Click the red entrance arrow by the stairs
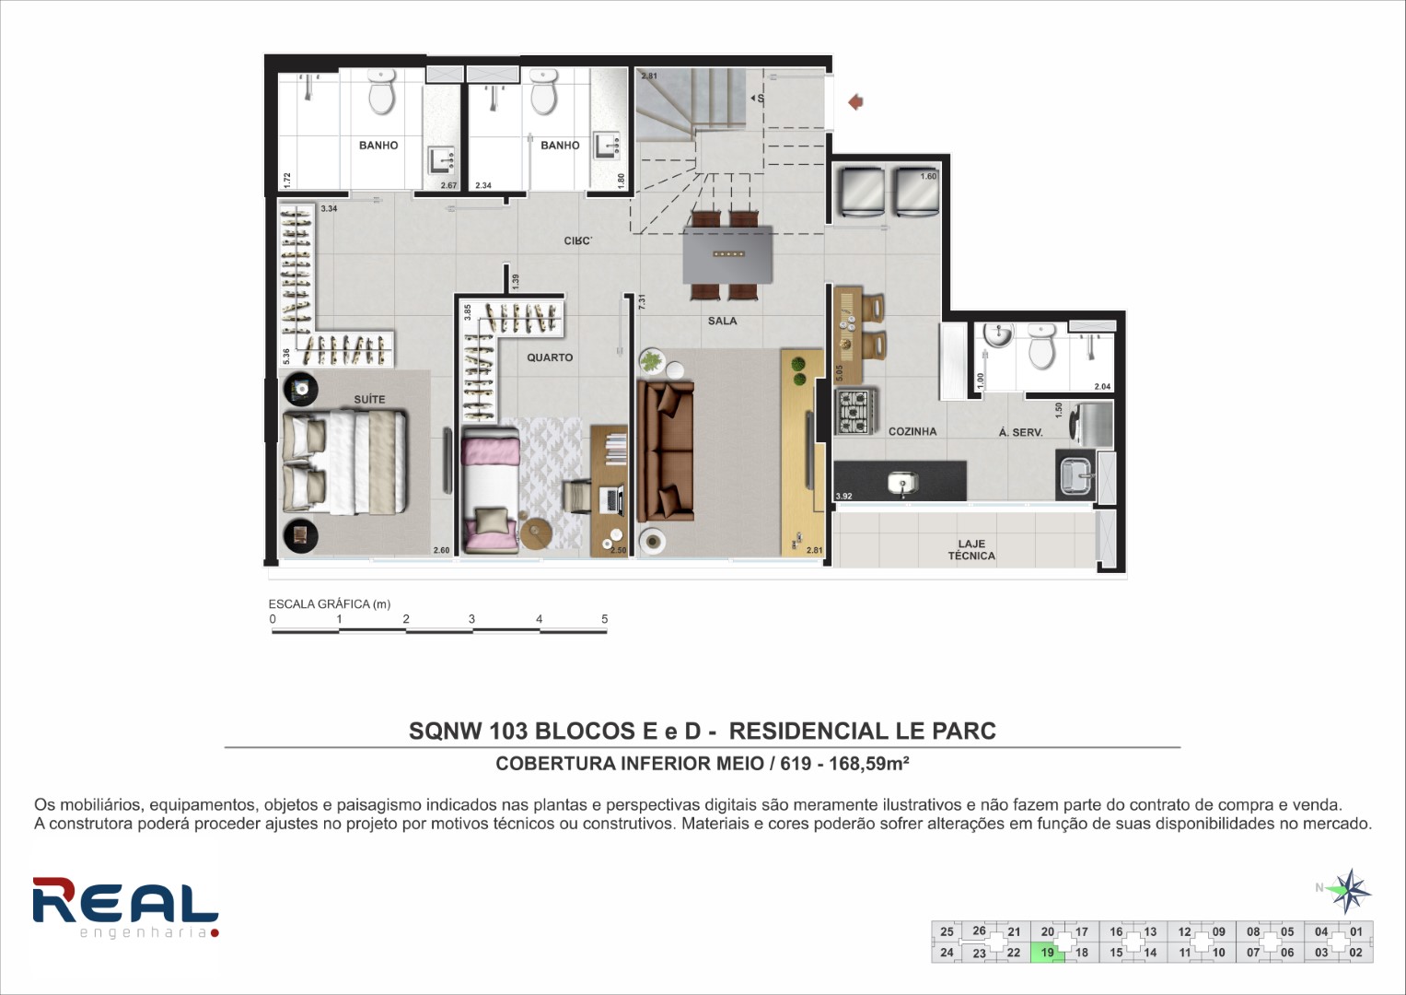(855, 101)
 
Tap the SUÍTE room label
(370, 399)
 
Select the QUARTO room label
(550, 357)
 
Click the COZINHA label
(912, 431)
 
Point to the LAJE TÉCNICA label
(971, 550)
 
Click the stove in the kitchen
(855, 412)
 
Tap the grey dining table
(728, 255)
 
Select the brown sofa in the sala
(666, 451)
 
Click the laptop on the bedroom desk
(612, 500)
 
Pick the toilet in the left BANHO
(381, 92)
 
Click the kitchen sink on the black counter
(902, 483)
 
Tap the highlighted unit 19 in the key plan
(1048, 953)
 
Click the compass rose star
(1349, 891)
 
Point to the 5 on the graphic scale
(604, 619)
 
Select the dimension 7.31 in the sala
(642, 301)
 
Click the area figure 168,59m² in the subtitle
(869, 763)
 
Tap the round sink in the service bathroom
(997, 334)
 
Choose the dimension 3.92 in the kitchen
(844, 497)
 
